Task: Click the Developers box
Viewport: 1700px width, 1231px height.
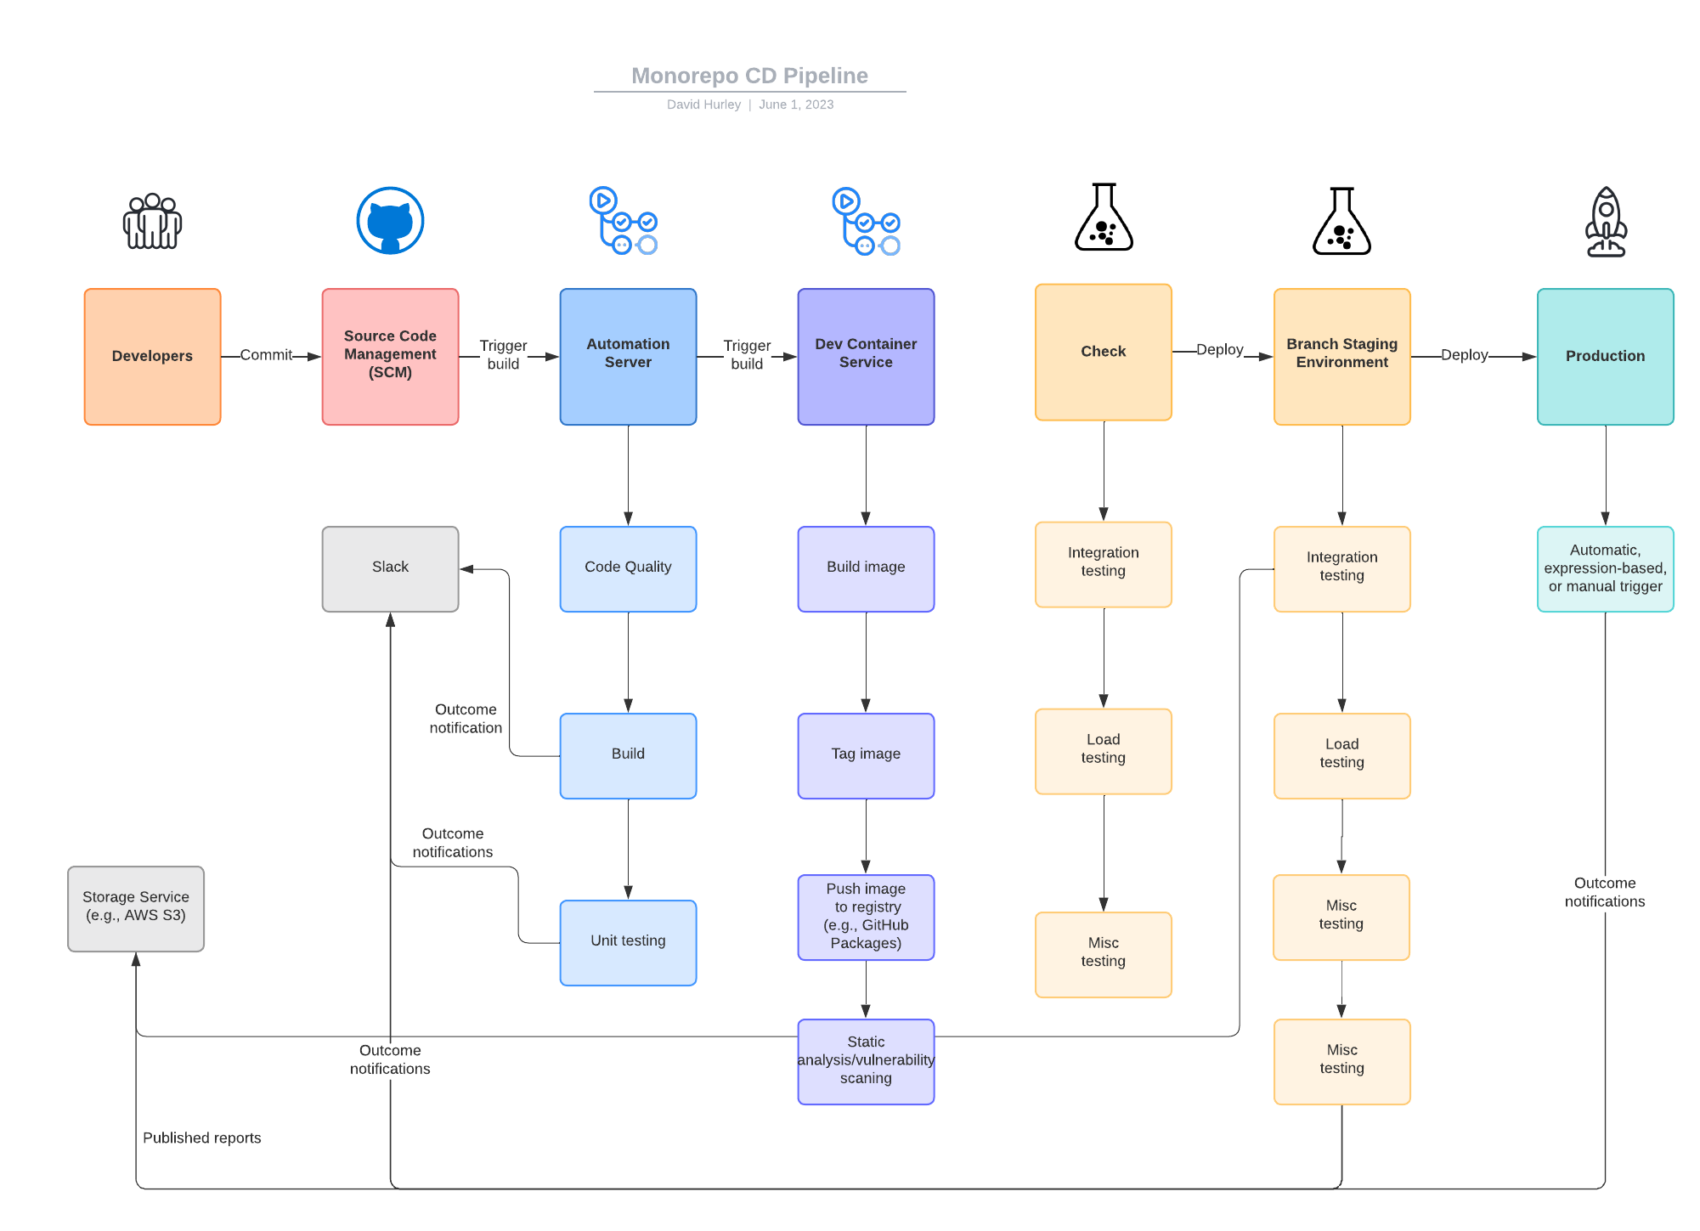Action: [152, 356]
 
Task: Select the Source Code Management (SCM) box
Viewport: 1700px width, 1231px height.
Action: [390, 356]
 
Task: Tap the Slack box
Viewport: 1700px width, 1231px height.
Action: [390, 568]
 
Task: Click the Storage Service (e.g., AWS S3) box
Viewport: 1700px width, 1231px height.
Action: [135, 908]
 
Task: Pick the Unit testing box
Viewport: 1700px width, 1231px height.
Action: [628, 942]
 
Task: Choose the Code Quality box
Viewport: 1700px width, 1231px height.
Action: [628, 568]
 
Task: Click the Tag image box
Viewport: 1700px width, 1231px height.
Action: [866, 755]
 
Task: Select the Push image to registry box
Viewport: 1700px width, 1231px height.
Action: [866, 917]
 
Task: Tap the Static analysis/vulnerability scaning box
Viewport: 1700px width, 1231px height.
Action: [866, 1061]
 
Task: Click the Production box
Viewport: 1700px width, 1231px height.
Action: [1605, 356]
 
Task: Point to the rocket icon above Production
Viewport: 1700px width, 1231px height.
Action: [1606, 222]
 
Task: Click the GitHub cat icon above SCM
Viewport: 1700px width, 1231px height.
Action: [390, 221]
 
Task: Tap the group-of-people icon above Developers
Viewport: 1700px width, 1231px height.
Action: [152, 222]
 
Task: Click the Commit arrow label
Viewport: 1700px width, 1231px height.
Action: [266, 355]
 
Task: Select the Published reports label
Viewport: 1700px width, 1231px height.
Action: [201, 1138]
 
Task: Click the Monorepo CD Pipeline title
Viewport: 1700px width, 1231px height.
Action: [749, 76]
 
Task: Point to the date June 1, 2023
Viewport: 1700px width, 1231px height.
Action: [796, 104]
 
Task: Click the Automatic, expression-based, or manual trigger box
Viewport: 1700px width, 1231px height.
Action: [1605, 568]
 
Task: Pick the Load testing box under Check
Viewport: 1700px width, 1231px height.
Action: [1103, 751]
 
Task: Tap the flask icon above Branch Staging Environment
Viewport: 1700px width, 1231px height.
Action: [1341, 222]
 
